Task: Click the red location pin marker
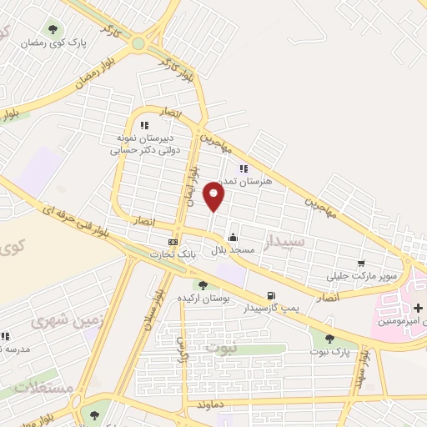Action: tap(214, 197)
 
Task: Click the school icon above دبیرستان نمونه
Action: tap(144, 125)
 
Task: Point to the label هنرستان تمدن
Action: tap(244, 180)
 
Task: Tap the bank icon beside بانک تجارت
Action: tap(173, 242)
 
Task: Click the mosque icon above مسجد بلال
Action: tap(231, 237)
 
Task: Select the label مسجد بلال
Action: tap(225, 249)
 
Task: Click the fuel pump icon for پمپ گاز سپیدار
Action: tap(270, 296)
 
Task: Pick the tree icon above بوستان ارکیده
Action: tap(202, 286)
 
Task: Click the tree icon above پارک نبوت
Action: tap(329, 339)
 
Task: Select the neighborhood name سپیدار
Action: tap(285, 242)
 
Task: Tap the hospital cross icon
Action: tap(417, 309)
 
